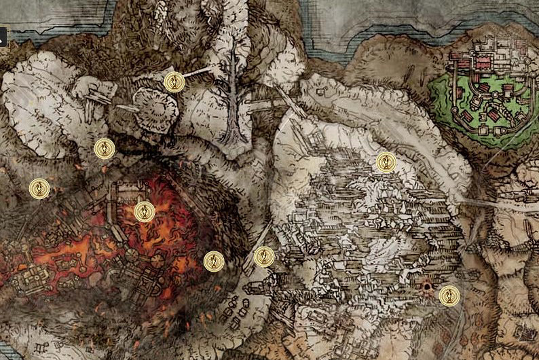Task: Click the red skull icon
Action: click(x=428, y=287)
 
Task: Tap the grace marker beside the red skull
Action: click(x=449, y=295)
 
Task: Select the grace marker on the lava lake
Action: click(x=145, y=211)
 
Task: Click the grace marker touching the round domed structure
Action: click(x=174, y=82)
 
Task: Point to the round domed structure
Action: click(x=155, y=107)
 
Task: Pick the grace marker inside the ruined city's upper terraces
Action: click(x=386, y=162)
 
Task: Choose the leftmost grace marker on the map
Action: click(x=39, y=188)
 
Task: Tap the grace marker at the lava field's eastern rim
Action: click(x=214, y=260)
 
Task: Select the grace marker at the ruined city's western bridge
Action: click(x=263, y=257)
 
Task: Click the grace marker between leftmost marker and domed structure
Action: click(x=104, y=148)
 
